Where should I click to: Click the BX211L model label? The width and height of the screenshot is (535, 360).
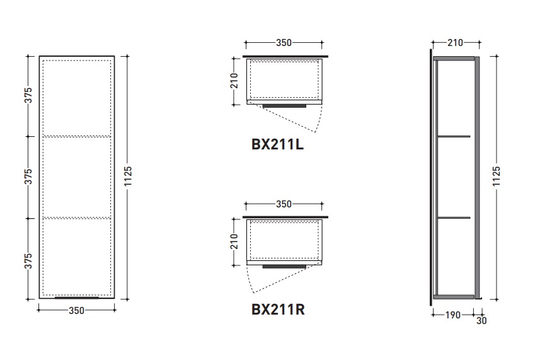coord(277,144)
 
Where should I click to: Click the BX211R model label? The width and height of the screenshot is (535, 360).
coord(278,310)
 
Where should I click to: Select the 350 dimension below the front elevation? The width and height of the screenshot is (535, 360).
coord(76,311)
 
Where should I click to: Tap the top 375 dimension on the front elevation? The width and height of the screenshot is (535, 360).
coord(28,95)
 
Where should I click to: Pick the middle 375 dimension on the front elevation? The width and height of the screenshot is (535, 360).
coord(28,177)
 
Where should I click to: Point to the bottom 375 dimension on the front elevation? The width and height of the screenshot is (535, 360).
coord(28,261)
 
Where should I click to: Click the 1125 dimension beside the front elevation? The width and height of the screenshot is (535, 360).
coord(128,176)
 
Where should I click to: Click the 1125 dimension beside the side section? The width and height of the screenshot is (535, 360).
coord(497,176)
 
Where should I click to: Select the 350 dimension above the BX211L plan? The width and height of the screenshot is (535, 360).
coord(284,43)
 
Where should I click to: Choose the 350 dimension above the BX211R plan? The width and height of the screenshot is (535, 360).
coord(284,204)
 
